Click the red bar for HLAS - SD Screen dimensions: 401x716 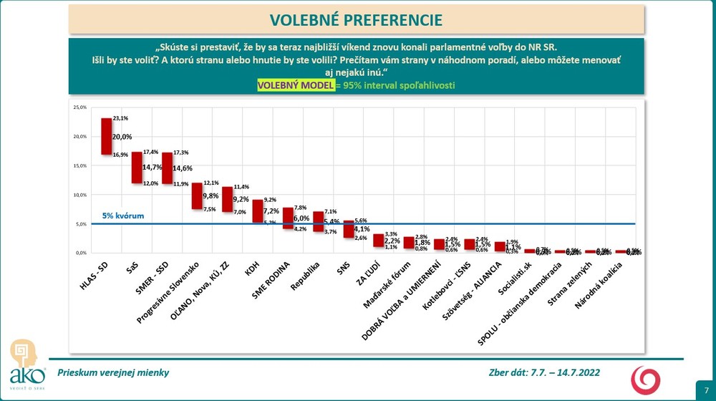(x=106, y=136)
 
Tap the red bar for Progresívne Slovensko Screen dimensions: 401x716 (x=197, y=195)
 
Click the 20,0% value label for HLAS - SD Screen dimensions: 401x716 (x=122, y=136)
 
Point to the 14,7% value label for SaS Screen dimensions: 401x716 (x=153, y=167)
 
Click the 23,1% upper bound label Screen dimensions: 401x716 (x=119, y=117)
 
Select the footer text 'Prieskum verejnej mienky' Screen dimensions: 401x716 (x=109, y=372)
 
